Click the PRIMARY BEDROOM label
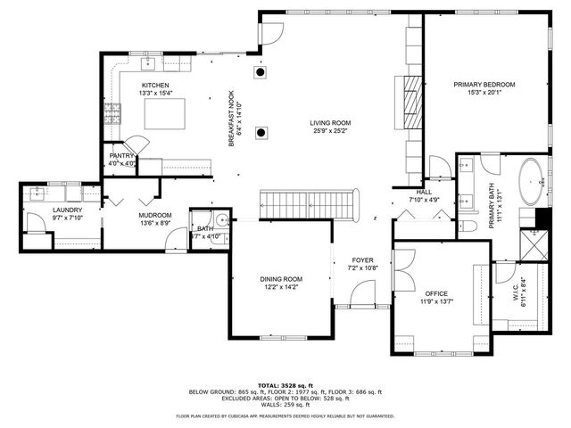coord(484,85)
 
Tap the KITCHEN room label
coord(154,85)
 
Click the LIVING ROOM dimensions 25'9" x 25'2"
coord(330,132)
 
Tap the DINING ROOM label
coord(281,278)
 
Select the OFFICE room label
coord(436,293)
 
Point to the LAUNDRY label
coord(42,210)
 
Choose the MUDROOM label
coord(154,215)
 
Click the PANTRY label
coord(121,155)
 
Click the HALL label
coord(424,192)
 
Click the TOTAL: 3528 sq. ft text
coord(285,383)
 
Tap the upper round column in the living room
coord(260,72)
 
